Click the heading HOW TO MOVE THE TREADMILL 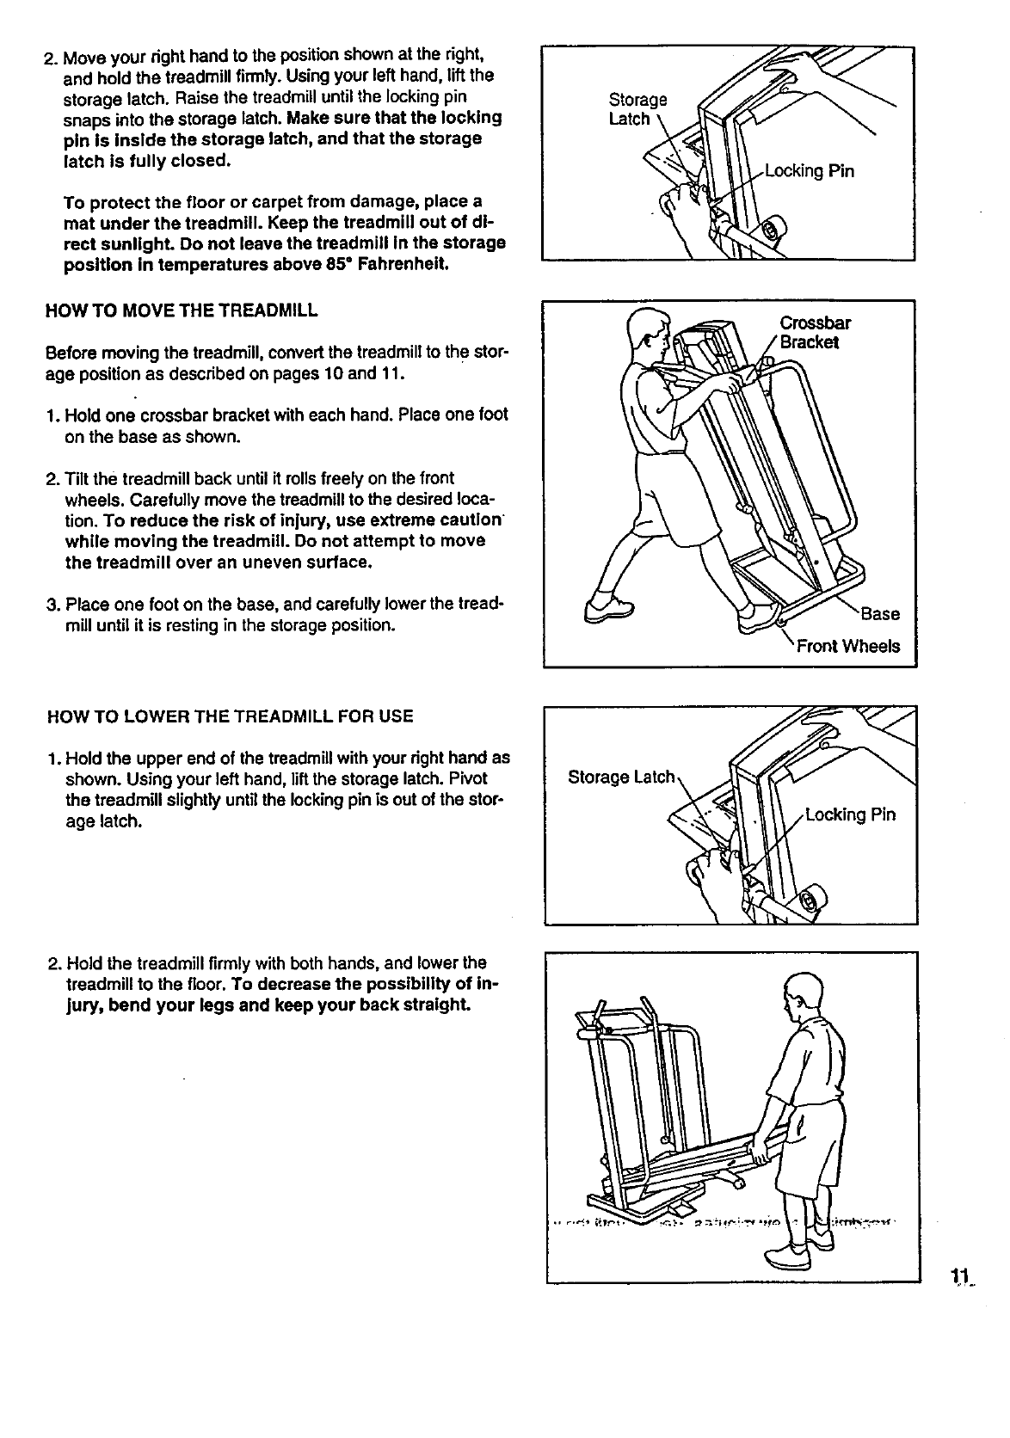pos(181,310)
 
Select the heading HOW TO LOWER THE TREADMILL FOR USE pos(231,716)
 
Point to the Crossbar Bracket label pos(815,332)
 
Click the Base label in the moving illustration pos(879,614)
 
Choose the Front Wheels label pos(847,646)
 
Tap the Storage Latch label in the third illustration pos(622,777)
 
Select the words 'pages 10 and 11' pos(342,374)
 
